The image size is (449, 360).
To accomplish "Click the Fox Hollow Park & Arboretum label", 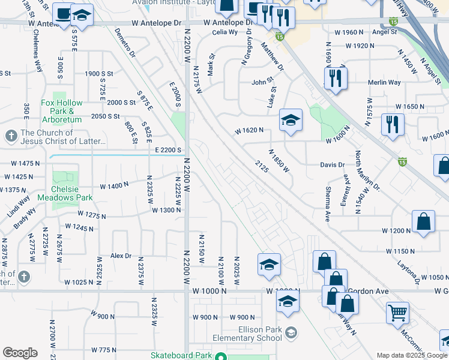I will pos(61,107).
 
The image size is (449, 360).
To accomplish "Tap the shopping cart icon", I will pos(397,313).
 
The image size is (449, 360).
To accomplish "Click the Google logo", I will pos(20,353).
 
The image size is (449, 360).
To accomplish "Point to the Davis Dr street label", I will pos(333,164).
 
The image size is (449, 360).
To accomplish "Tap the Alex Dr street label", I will pos(121,256).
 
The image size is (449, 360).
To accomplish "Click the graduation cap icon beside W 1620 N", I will pos(291,121).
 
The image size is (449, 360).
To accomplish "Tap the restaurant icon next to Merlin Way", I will pos(336,78).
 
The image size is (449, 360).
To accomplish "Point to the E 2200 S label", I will pos(168,149).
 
